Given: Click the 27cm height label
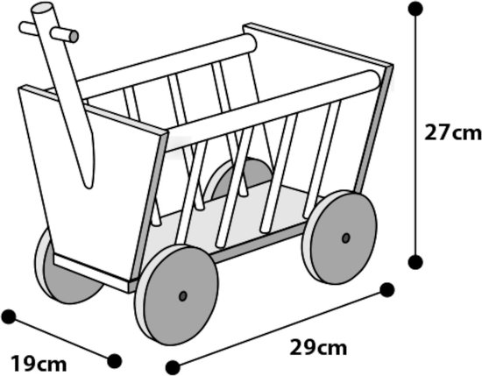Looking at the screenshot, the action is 452,132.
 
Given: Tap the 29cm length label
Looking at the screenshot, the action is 318,347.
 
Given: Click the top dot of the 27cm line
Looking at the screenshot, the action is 415,8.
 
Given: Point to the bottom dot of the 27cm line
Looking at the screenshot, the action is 415,262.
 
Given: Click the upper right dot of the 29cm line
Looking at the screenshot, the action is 387,290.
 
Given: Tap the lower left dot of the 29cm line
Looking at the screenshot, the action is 173,367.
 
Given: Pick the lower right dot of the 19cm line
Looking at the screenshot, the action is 115,360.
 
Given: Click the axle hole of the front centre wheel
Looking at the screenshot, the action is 183,296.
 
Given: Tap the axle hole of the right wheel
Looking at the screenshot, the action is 346,238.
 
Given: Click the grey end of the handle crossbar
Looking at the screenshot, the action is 74,36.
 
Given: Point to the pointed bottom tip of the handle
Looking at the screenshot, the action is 89,187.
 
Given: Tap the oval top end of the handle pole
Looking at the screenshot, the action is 42,7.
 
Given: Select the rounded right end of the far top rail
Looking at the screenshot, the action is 251,43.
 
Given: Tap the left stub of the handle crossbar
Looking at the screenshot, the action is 28,28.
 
